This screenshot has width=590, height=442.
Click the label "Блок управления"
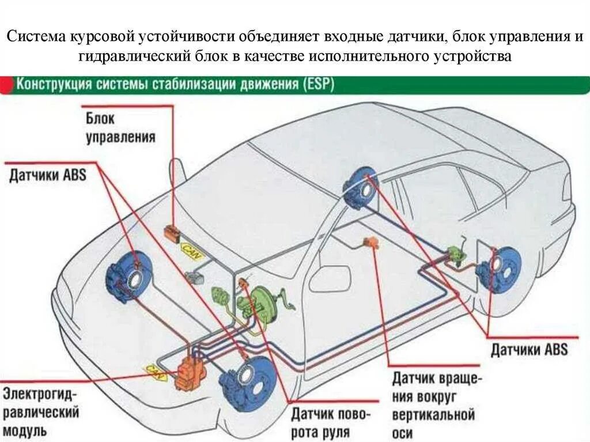point(120,128)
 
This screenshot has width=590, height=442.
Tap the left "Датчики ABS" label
point(47,174)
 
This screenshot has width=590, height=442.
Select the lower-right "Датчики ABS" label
point(529,349)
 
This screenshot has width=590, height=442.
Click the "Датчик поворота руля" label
point(331,423)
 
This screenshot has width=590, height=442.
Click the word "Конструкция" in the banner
point(54,85)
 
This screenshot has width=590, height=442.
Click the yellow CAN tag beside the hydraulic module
point(154,371)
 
